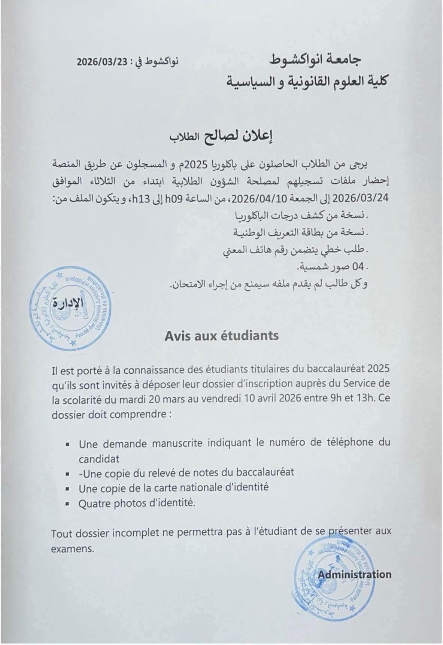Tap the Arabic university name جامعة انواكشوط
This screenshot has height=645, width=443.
317,59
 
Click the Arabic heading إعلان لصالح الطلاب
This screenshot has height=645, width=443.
221,137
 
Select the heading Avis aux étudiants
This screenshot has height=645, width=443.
221,335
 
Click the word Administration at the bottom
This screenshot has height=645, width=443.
354,574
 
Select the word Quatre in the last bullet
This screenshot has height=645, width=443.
90,504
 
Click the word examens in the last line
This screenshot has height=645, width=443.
72,549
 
